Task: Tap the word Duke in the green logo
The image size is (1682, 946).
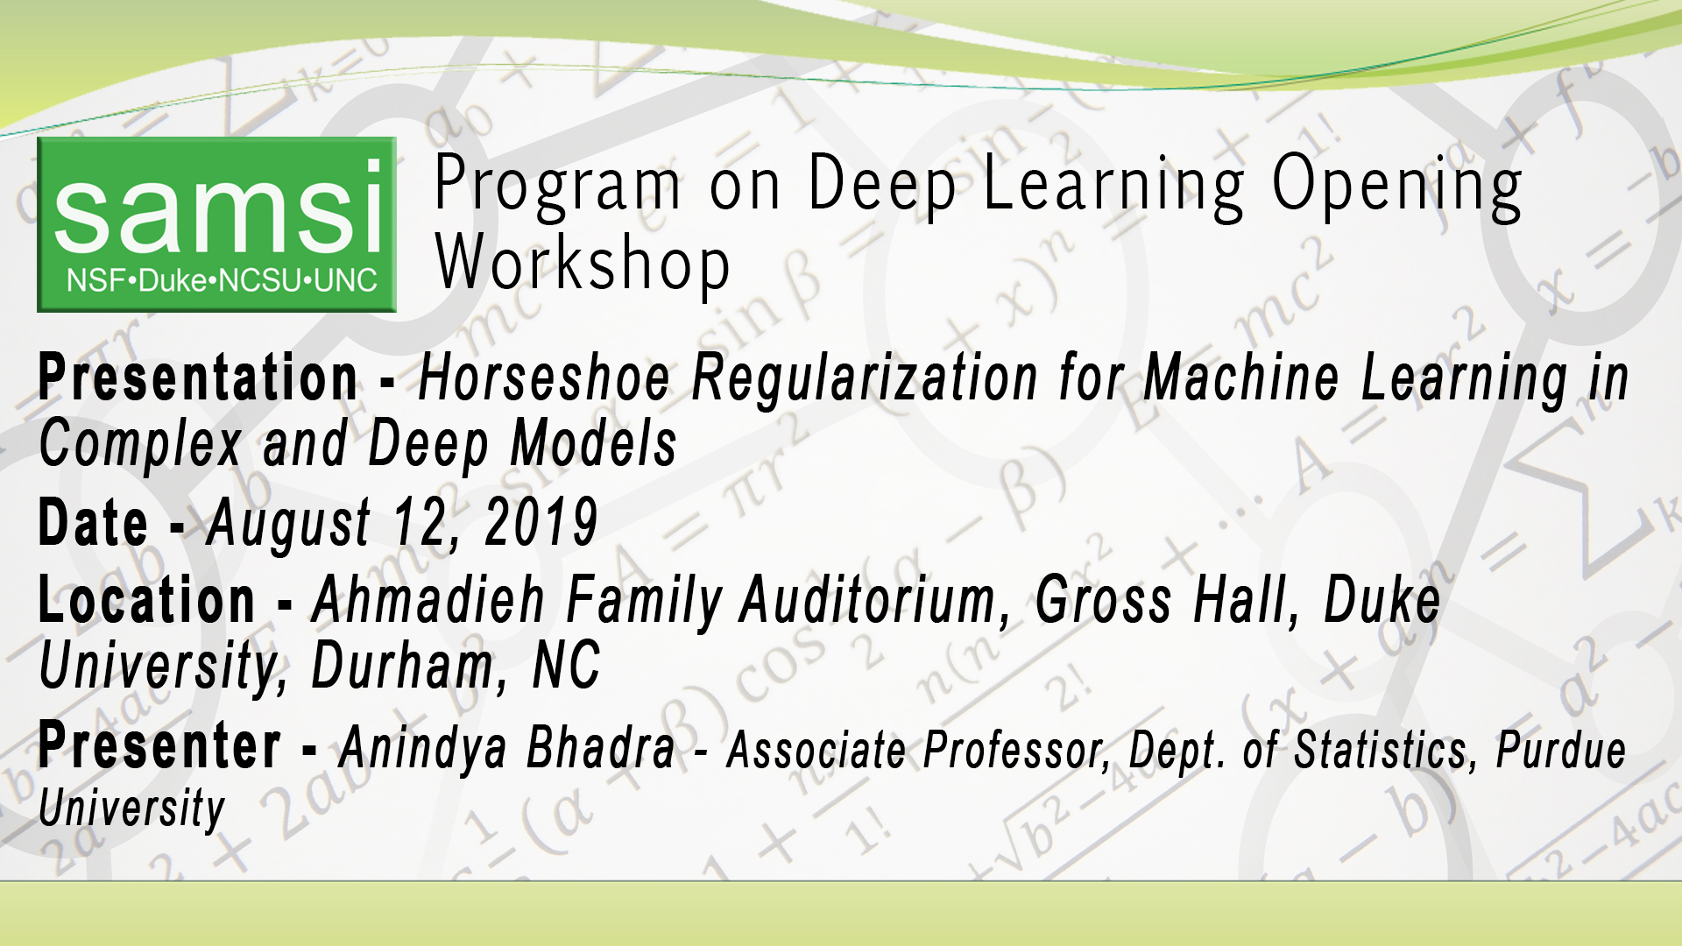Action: pyautogui.click(x=173, y=281)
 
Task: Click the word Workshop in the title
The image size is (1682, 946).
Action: pyautogui.click(x=583, y=264)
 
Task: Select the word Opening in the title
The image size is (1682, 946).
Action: pyautogui.click(x=1396, y=187)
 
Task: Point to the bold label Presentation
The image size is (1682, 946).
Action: pyautogui.click(x=198, y=378)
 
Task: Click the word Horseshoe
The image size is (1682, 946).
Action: pyautogui.click(x=544, y=378)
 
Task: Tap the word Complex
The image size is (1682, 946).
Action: pyautogui.click(x=140, y=444)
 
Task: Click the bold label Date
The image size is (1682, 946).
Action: pyautogui.click(x=93, y=523)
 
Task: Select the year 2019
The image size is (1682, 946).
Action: pyautogui.click(x=541, y=523)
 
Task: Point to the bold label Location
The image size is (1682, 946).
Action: pyautogui.click(x=146, y=601)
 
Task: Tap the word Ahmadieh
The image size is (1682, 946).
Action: pyautogui.click(x=428, y=601)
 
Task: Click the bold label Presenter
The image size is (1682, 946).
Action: pyautogui.click(x=159, y=746)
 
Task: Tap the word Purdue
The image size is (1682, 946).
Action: pyautogui.click(x=1560, y=751)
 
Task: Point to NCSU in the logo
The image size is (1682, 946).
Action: pyautogui.click(x=260, y=281)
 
